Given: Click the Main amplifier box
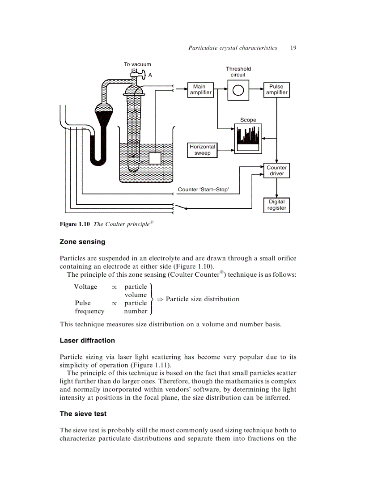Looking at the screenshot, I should [x=199, y=89].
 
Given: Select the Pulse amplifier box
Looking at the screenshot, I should [x=276, y=89].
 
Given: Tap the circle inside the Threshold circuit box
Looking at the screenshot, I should [x=238, y=90].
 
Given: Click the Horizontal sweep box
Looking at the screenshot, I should [x=202, y=150].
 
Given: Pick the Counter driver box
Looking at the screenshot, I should [x=276, y=171].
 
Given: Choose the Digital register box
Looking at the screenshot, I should [x=276, y=205].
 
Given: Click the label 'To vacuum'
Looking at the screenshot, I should [x=137, y=64].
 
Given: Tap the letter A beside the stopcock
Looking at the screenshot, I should [x=150, y=75].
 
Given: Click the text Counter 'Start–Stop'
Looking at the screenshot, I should [x=204, y=190].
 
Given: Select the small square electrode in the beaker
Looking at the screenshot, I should [x=154, y=159].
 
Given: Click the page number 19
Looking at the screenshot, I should [x=293, y=48].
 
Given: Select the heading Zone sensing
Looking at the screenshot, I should [x=82, y=242].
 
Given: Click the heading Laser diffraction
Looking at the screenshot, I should [x=87, y=341].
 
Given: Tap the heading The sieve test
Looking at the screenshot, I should [x=83, y=414].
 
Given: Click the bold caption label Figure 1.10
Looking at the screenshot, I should [x=75, y=224].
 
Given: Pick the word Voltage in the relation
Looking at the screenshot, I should [x=85, y=287].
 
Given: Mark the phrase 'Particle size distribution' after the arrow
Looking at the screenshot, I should [x=202, y=299].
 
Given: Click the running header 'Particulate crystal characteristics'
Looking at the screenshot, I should [x=233, y=48].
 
